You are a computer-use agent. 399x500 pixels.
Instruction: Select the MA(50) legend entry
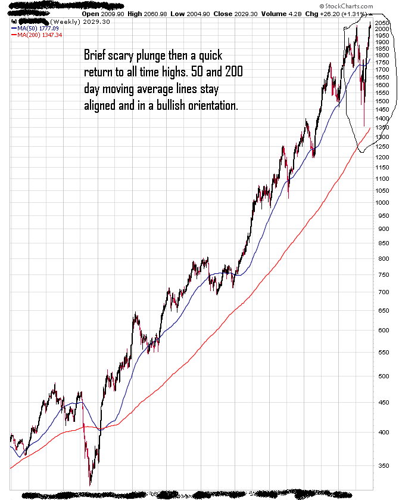[35, 27]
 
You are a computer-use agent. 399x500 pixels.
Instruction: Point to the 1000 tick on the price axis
[383, 203]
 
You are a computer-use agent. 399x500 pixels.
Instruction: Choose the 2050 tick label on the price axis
[383, 23]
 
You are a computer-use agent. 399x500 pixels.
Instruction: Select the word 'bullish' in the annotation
[161, 106]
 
